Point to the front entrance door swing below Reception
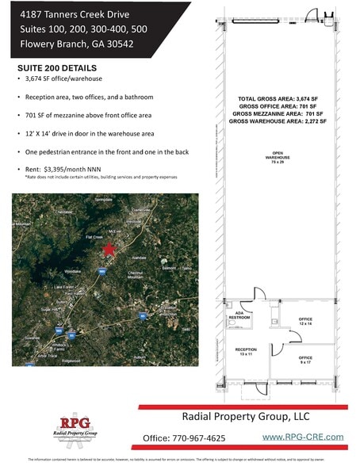[255, 388]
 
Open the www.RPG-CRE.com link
[303, 437]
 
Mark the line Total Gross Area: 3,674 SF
[270, 97]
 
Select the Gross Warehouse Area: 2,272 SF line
[270, 121]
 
